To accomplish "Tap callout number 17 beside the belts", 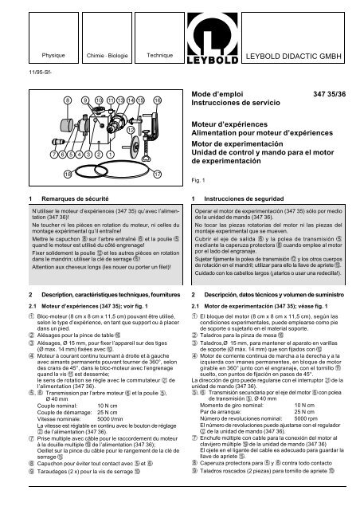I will click(158, 173).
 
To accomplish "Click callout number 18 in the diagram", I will click(45, 173).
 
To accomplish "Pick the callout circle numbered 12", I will click(129, 129).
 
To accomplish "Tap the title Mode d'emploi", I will click(220, 94).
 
